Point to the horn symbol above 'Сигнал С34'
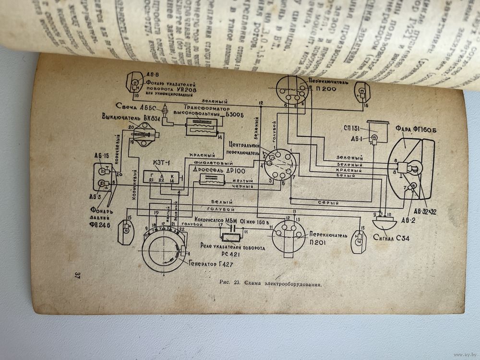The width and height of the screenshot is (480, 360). click(x=386, y=222)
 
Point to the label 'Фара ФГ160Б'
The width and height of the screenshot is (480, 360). click(x=413, y=129)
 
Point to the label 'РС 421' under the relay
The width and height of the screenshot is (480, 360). click(x=233, y=254)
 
